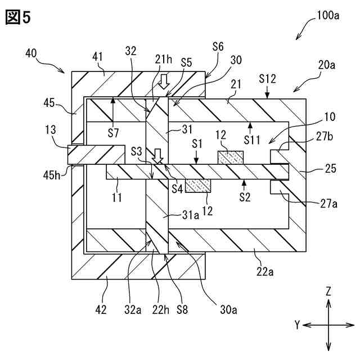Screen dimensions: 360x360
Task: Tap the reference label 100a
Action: pyautogui.click(x=327, y=16)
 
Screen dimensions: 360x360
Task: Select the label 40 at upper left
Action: pyautogui.click(x=33, y=53)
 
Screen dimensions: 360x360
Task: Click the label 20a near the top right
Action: pyautogui.click(x=326, y=65)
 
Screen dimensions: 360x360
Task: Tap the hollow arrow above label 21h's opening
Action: pyautogui.click(x=164, y=83)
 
